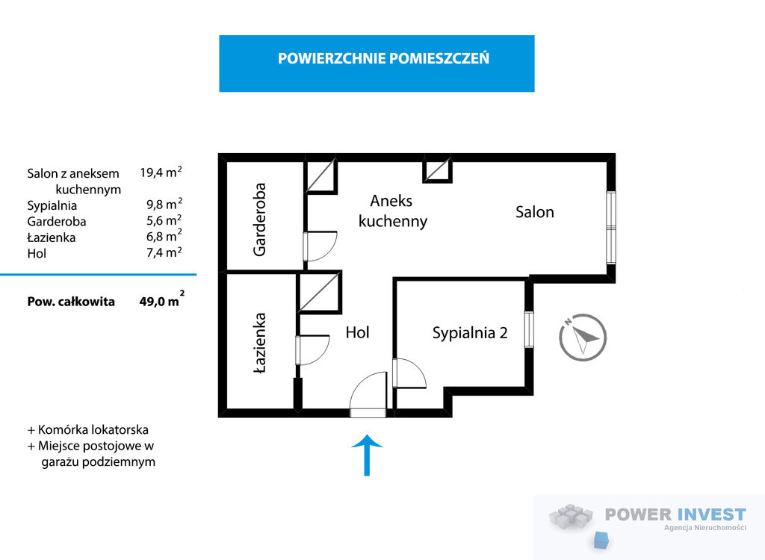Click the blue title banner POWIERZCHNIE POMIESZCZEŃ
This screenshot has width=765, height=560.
click(x=377, y=63)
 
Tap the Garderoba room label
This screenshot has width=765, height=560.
click(x=259, y=220)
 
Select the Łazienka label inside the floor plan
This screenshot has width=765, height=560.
click(x=260, y=343)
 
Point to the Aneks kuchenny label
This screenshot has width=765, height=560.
click(x=393, y=211)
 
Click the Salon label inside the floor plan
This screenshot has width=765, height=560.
click(x=535, y=212)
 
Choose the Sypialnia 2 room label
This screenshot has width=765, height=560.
click(x=470, y=333)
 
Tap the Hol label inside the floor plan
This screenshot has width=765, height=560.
click(x=357, y=333)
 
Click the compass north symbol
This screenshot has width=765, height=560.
click(x=583, y=337)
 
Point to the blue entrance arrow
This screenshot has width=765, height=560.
click(x=367, y=455)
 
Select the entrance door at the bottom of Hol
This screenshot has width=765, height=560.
click(x=368, y=395)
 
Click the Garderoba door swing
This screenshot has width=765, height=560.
click(x=320, y=246)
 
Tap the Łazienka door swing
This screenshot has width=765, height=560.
click(x=312, y=350)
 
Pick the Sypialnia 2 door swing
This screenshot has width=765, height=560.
click(x=409, y=373)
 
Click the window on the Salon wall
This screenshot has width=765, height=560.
click(x=611, y=228)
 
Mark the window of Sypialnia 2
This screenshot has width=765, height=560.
click(x=529, y=329)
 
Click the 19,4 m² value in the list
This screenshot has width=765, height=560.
click(x=161, y=172)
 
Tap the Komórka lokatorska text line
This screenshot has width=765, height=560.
click(x=88, y=430)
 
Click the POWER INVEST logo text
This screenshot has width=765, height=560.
click(x=675, y=514)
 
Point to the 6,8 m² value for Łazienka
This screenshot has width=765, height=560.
click(x=164, y=236)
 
